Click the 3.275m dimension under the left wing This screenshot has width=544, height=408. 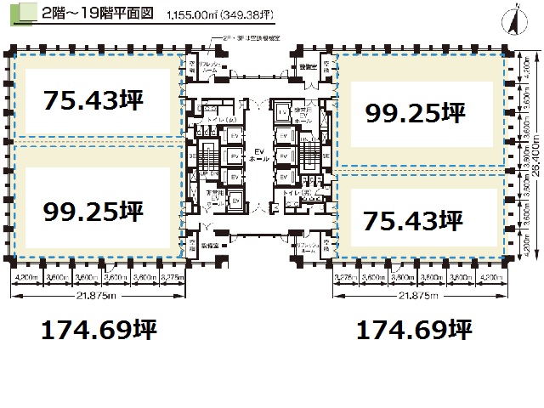170,277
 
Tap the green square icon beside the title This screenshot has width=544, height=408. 25,13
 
